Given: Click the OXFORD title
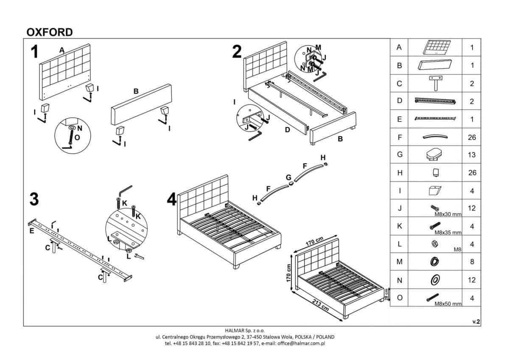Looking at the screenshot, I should [x=50, y=32].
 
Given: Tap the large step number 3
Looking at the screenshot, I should [x=34, y=199].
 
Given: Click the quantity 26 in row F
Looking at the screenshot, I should [x=472, y=138].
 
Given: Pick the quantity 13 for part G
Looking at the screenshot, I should [x=472, y=155].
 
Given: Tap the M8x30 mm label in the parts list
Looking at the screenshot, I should [x=447, y=214].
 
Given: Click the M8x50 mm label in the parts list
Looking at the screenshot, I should [x=447, y=304].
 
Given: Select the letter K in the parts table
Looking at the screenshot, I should [x=399, y=226].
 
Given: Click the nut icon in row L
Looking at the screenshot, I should [x=434, y=244].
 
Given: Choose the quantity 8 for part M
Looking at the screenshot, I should [x=472, y=262].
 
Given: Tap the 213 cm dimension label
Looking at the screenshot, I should [x=320, y=305].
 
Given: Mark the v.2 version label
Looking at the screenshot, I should [x=476, y=322].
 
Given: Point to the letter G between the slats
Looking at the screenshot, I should [x=288, y=177].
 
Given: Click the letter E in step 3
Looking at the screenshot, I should [x=32, y=231].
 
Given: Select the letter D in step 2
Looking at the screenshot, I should [x=287, y=130].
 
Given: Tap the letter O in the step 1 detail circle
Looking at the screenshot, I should [x=76, y=138].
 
